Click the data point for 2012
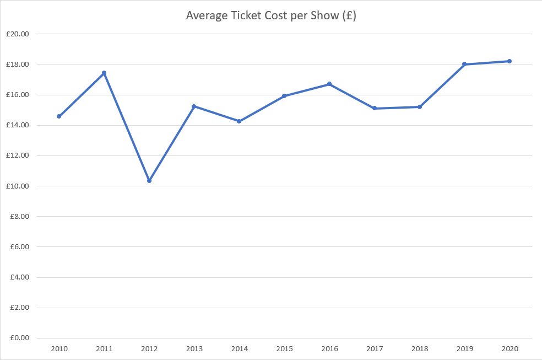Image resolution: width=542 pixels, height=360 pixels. click(x=149, y=180)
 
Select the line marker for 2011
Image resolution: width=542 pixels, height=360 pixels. click(x=104, y=73)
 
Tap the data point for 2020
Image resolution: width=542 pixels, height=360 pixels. click(x=510, y=61)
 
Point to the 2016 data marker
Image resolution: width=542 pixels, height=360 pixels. click(x=329, y=84)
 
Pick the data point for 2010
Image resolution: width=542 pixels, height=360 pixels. click(x=59, y=116)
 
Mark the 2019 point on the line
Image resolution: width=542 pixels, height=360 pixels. click(x=464, y=64)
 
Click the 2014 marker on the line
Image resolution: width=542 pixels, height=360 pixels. click(x=239, y=121)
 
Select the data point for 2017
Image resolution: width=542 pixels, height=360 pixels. click(x=375, y=108)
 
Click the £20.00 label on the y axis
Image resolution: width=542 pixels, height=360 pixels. click(x=18, y=34)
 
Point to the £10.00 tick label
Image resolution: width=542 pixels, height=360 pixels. click(x=18, y=186)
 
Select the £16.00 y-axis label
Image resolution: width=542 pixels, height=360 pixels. click(x=18, y=95)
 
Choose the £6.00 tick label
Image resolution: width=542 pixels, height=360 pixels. click(x=19, y=247)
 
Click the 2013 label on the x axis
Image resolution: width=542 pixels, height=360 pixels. click(x=194, y=349)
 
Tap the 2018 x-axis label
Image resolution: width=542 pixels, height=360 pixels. click(x=419, y=349)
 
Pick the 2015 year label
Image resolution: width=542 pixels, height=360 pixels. click(x=284, y=349)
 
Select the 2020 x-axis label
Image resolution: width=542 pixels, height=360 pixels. click(x=510, y=349)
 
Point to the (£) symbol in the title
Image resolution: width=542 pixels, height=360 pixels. click(x=349, y=15)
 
